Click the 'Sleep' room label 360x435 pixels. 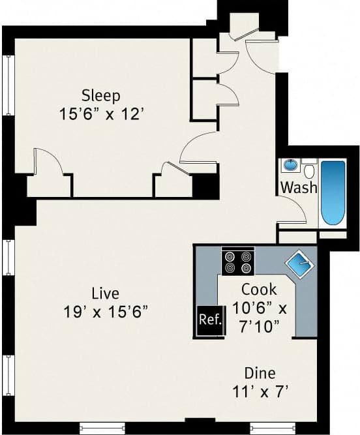(x=100, y=96)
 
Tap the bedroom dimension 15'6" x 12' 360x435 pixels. (x=100, y=113)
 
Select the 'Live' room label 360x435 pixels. (x=105, y=292)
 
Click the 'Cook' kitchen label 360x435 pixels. (x=259, y=289)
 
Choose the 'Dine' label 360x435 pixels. (x=260, y=374)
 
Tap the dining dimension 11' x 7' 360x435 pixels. (x=260, y=393)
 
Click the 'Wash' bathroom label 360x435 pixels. (x=299, y=188)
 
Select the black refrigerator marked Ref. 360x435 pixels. (x=210, y=321)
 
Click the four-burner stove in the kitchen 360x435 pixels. (x=237, y=262)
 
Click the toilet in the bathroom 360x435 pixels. (x=310, y=171)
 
